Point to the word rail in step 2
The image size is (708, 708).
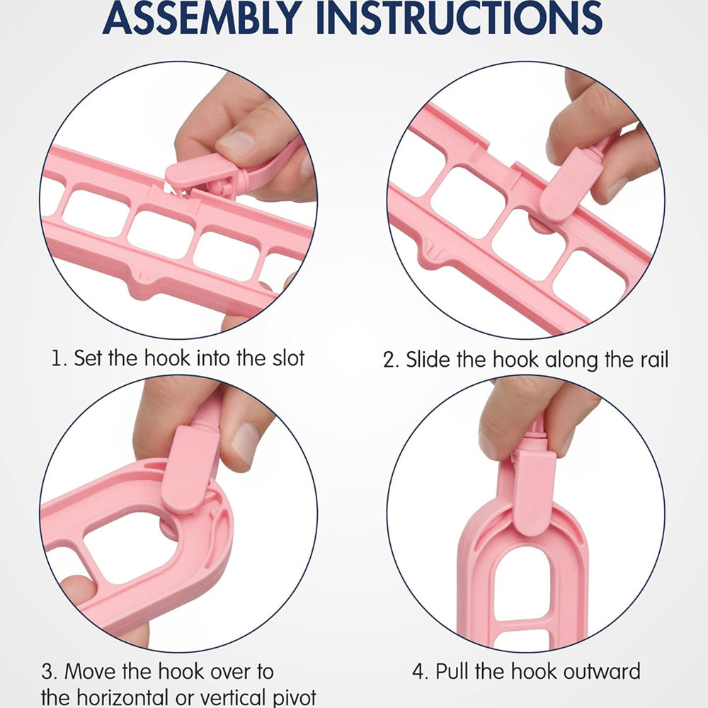[653, 360]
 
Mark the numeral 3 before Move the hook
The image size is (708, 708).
[48, 671]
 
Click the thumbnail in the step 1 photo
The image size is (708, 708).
[236, 143]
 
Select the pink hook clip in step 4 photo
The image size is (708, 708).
[534, 492]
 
